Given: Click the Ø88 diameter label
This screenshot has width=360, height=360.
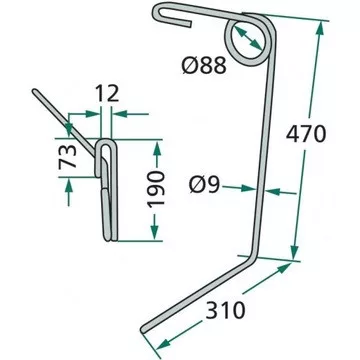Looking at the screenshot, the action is [x=204, y=65].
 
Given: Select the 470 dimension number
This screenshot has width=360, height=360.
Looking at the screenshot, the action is [x=306, y=134].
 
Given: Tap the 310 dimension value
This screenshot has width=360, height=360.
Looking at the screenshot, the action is [x=225, y=311].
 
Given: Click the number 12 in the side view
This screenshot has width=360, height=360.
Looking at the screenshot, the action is [x=107, y=94].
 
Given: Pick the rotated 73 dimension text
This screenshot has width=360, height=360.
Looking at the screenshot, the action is [x=68, y=156].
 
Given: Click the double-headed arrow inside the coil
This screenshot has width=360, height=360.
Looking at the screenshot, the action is [x=247, y=38].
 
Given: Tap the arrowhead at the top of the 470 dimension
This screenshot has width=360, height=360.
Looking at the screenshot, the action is [x=320, y=28].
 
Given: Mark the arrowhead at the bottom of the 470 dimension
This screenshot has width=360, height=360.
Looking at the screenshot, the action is [x=294, y=253].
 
